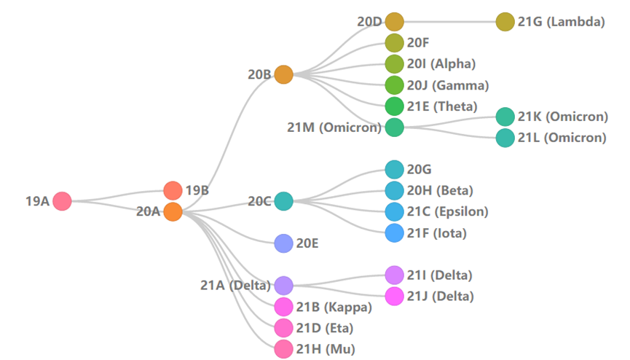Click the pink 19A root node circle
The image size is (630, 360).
click(x=62, y=201)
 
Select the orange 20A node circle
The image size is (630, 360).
click(x=173, y=212)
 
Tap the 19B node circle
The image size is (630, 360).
click(x=173, y=191)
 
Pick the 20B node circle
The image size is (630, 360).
click(x=283, y=74)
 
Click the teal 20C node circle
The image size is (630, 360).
click(x=283, y=201)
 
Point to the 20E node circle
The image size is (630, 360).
click(x=283, y=243)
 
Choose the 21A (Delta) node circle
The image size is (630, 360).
click(x=283, y=286)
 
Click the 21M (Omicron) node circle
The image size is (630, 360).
click(x=394, y=128)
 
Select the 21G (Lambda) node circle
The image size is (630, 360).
click(x=505, y=22)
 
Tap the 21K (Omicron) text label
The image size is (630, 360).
click(x=562, y=117)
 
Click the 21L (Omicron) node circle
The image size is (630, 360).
click(x=505, y=138)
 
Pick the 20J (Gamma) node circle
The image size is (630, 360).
click(x=394, y=85)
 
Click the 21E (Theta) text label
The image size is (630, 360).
click(x=441, y=106)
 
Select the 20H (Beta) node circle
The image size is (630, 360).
click(x=394, y=191)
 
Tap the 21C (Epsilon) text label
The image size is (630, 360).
click(x=447, y=212)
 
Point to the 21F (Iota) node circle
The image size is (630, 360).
click(x=394, y=233)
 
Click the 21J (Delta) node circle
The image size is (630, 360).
click(x=394, y=297)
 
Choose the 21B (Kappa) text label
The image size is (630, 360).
click(x=334, y=307)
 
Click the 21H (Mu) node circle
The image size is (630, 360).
click(x=283, y=349)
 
